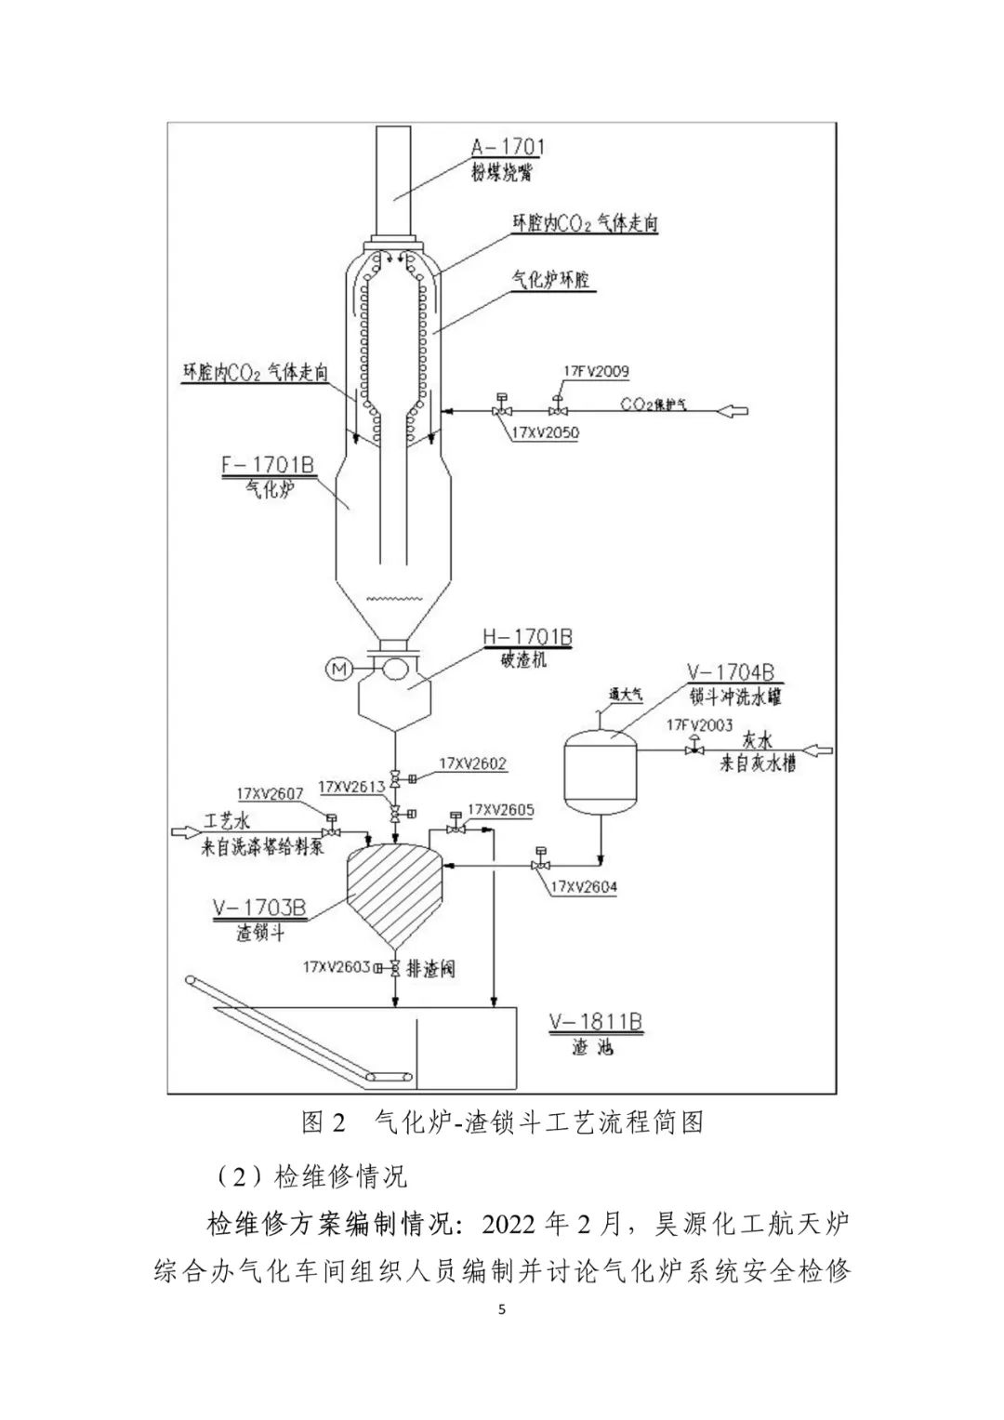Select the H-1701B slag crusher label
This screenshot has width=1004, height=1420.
526,637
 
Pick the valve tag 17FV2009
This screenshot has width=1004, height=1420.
595,372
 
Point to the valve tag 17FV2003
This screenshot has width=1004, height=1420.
699,724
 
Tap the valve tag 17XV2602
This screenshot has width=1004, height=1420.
475,763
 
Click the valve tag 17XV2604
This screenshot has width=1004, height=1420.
583,887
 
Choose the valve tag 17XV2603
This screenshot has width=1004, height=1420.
336,966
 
